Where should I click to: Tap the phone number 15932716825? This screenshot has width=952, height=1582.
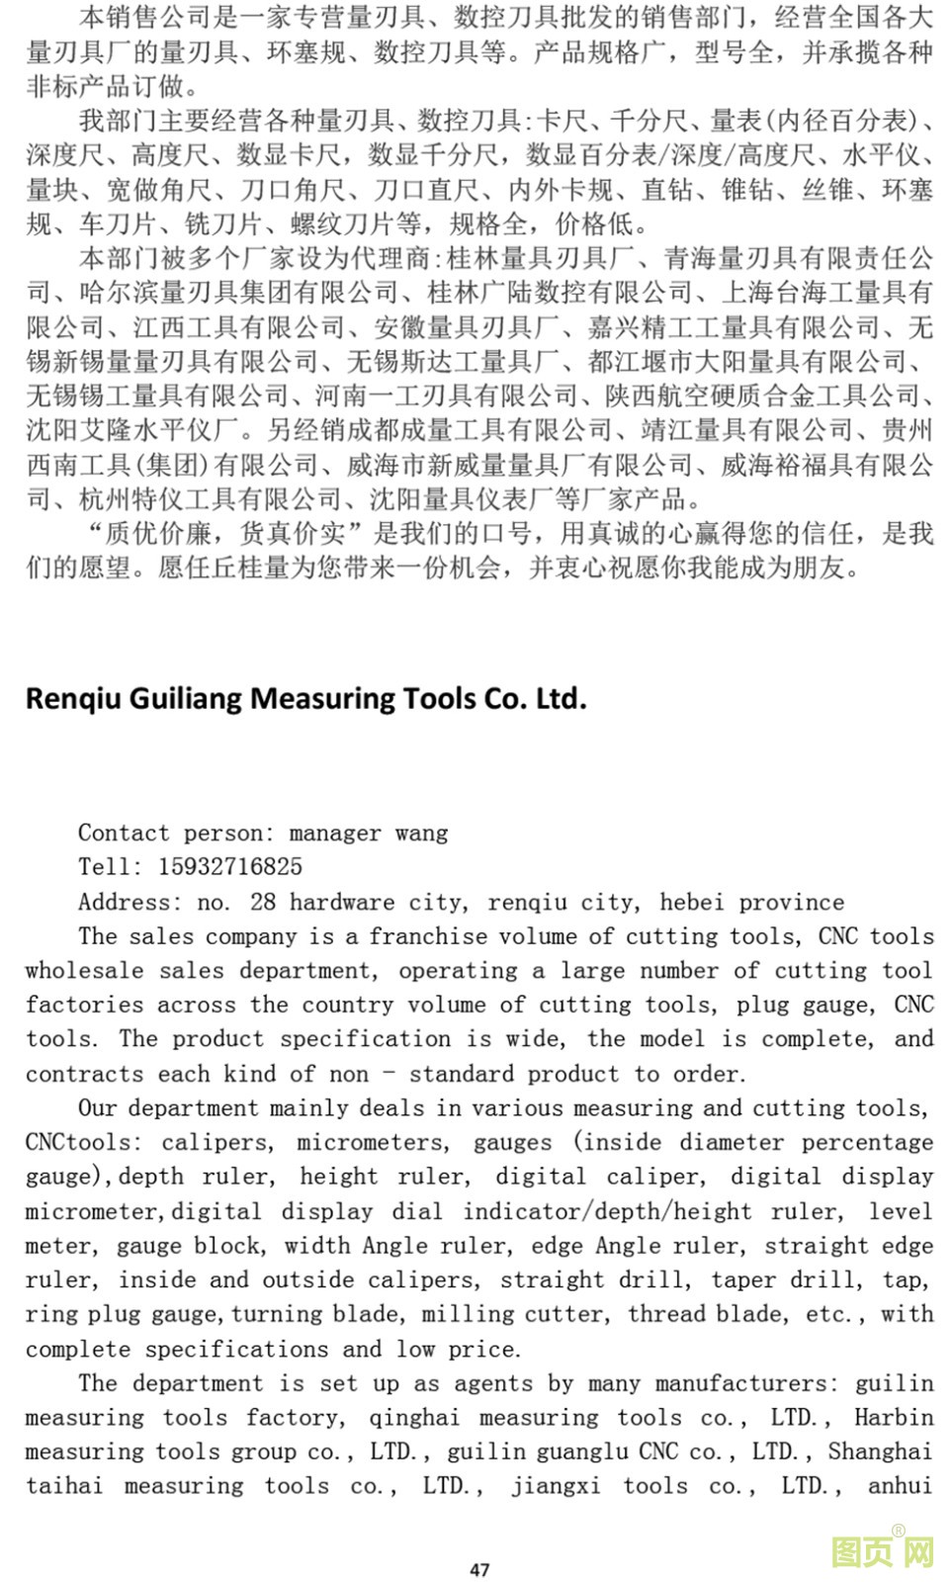[x=229, y=867]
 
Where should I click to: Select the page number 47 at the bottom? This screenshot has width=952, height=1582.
[x=479, y=1569]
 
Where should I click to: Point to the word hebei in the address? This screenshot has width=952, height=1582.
[x=692, y=902]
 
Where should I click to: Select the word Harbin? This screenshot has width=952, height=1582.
[x=894, y=1418]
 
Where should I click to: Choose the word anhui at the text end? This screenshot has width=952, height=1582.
[x=900, y=1486]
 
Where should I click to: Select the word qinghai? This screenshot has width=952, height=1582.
[x=414, y=1418]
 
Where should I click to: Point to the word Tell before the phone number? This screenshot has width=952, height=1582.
[x=111, y=867]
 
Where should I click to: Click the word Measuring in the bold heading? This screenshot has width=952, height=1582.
[x=324, y=699]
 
